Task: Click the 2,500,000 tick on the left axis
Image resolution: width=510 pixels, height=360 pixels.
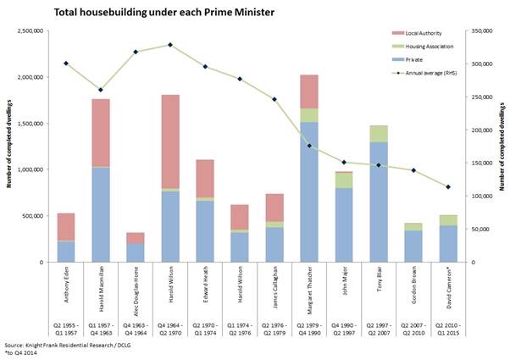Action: coord(29,31)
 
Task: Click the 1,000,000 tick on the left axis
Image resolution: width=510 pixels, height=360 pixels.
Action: coord(29,169)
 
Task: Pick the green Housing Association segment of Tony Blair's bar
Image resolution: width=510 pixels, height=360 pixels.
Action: coord(378,134)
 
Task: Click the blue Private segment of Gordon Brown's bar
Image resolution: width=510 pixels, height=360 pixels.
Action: coord(413,246)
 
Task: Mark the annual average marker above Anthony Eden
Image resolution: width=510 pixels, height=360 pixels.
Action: coord(66,64)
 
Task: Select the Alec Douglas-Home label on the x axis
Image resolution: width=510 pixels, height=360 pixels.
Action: coord(136,291)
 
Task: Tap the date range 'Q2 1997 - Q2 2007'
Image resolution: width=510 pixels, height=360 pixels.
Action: coord(378,330)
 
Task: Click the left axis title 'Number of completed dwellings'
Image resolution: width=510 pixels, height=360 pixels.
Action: coord(9,147)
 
